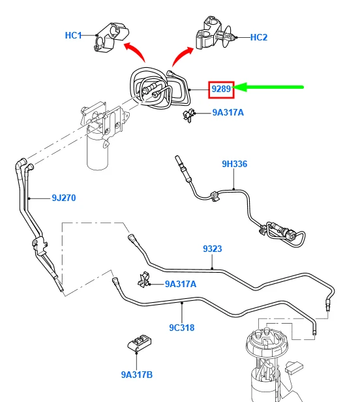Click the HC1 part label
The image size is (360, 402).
(x=73, y=35)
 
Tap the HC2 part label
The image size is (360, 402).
(x=259, y=37)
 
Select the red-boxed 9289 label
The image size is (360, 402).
(x=221, y=89)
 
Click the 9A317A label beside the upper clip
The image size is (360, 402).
(x=228, y=112)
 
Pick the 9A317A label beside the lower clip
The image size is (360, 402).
(x=181, y=284)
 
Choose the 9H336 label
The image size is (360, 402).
(x=234, y=164)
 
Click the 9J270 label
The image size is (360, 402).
(x=64, y=198)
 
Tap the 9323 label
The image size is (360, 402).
(x=213, y=249)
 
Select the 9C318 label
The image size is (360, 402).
(x=182, y=328)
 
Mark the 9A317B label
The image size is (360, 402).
(x=137, y=375)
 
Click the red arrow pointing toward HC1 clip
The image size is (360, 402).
(x=134, y=50)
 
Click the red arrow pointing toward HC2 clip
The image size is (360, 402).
(x=181, y=55)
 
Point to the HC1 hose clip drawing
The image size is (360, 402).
(x=111, y=37)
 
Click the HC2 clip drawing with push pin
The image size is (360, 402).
(x=215, y=33)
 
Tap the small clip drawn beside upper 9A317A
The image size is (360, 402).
(x=188, y=116)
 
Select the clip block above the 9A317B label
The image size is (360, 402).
(x=139, y=343)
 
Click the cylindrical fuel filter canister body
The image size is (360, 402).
(x=98, y=151)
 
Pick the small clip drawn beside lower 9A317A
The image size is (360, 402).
(x=143, y=280)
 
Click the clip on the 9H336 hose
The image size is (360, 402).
(x=215, y=196)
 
